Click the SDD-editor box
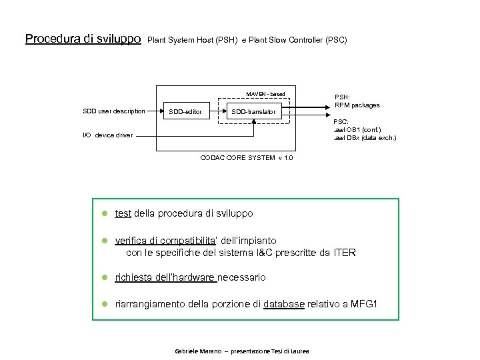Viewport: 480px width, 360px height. click(186, 111)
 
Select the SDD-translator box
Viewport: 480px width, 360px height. click(253, 111)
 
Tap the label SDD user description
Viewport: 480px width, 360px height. click(113, 111)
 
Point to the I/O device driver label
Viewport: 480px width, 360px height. click(107, 135)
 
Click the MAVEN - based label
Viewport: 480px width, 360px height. click(265, 94)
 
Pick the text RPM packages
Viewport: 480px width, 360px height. click(357, 105)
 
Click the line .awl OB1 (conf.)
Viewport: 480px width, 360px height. click(357, 129)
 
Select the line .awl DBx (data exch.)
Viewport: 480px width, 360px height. click(365, 138)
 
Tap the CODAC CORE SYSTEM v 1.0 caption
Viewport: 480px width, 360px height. click(246, 157)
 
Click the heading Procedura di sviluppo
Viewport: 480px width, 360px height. click(83, 39)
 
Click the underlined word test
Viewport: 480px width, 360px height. click(123, 214)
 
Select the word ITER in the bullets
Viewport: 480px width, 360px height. click(343, 253)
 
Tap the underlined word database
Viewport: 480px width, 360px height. click(284, 305)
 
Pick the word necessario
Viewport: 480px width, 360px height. click(241, 277)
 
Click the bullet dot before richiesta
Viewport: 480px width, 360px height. click(105, 277)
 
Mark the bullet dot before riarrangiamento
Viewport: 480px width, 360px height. click(105, 305)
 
